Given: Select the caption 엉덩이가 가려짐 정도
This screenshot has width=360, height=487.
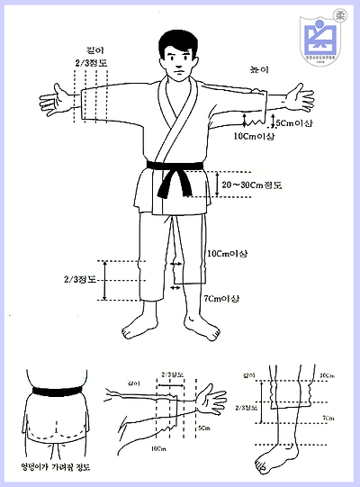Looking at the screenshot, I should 56,467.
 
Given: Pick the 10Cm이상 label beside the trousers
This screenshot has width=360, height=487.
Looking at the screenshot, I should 226,254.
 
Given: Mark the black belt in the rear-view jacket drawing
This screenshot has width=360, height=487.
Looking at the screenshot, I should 57,392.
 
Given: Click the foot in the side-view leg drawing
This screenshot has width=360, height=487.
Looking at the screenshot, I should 270,460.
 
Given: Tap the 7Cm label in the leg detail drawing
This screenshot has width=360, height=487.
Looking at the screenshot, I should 329,419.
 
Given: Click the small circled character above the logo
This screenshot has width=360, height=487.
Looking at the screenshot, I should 340,14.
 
